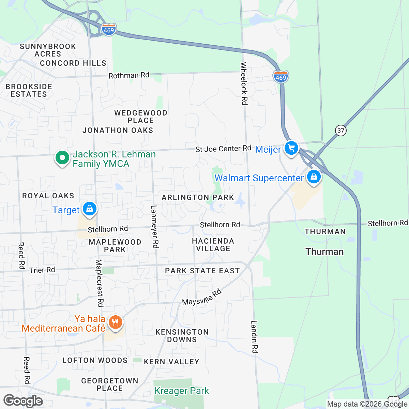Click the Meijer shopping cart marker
(291, 148)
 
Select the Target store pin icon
(89, 209)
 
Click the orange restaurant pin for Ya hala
(115, 322)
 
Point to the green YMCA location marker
(62, 158)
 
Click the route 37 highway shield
(340, 130)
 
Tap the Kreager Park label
(182, 391)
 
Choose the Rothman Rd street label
(129, 75)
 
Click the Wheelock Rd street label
(244, 83)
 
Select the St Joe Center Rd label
(223, 149)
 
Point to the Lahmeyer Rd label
(154, 227)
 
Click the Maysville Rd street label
(202, 298)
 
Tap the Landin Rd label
(255, 337)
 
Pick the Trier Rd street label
(42, 270)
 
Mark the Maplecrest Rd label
(99, 283)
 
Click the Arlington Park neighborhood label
(198, 197)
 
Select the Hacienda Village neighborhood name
(213, 245)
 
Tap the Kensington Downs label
(182, 336)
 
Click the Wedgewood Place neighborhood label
(141, 117)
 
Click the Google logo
(23, 401)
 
